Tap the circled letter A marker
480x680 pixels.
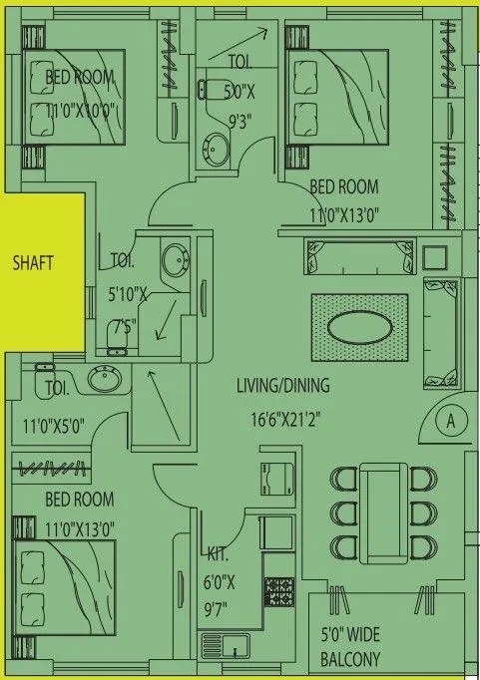450,422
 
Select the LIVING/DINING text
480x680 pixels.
283,384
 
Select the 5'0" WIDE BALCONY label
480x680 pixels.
349,647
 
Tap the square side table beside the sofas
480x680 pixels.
435,257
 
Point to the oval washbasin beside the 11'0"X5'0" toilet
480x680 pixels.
104,379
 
